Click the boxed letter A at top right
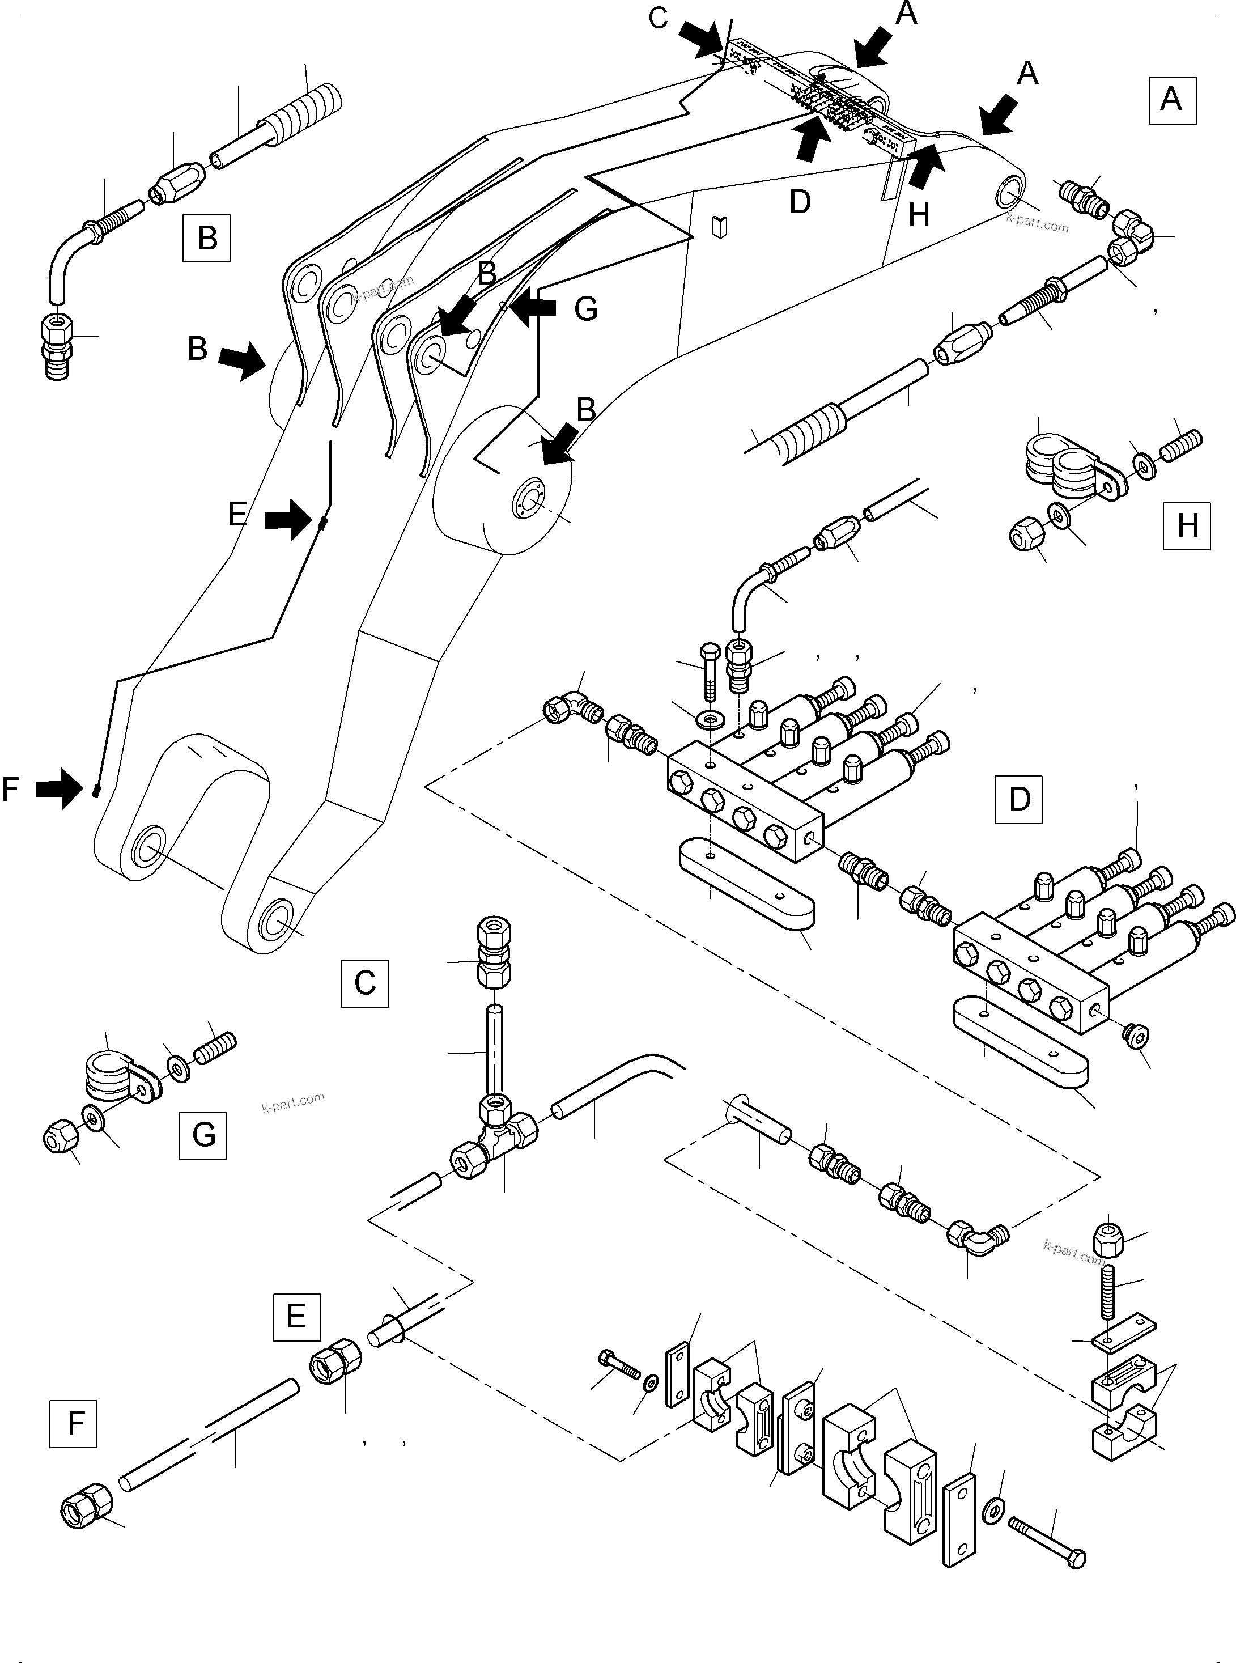pos(1171,100)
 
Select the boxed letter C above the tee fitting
pos(364,982)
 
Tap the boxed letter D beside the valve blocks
pos(1018,799)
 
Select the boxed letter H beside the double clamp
pos(1187,526)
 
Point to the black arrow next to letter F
pos(60,789)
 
